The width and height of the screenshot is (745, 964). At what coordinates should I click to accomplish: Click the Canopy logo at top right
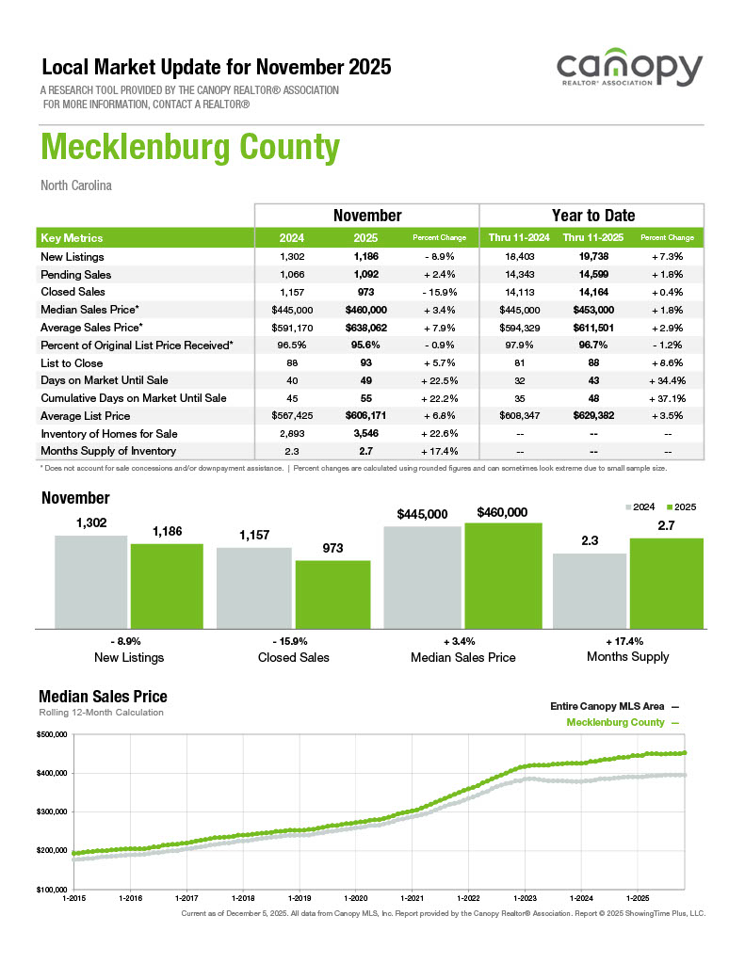click(629, 71)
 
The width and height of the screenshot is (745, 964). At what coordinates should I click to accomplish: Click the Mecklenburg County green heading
click(189, 148)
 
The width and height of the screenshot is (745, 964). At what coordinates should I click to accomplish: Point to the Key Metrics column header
click(73, 238)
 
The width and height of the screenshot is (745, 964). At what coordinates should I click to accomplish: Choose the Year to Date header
click(592, 216)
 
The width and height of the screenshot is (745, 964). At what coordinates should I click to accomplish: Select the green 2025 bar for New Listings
click(167, 586)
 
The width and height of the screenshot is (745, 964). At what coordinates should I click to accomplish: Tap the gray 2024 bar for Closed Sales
click(254, 587)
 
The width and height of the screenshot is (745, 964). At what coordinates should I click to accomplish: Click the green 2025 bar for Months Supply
click(666, 583)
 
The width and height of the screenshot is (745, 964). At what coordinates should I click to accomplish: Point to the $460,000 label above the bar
click(502, 512)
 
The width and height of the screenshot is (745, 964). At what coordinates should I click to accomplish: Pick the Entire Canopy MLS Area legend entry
click(613, 705)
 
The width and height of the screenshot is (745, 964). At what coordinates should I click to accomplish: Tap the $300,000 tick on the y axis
click(52, 811)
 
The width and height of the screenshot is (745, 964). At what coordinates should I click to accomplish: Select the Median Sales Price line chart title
click(103, 697)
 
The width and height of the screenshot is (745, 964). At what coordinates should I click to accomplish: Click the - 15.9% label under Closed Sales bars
click(294, 640)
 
